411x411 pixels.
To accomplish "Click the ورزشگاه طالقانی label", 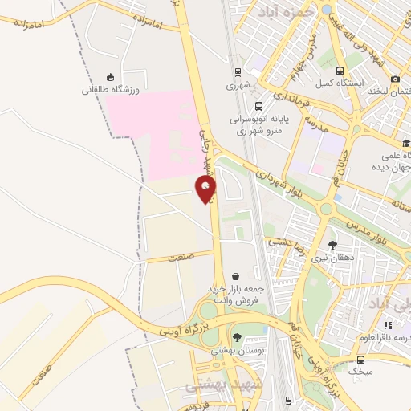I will (110, 90).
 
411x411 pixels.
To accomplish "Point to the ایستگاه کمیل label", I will (339, 83).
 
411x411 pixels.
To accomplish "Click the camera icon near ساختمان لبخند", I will (395, 79).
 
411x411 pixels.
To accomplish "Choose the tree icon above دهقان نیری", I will (333, 245).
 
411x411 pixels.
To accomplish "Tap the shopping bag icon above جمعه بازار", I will (234, 275).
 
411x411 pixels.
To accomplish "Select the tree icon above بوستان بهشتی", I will (236, 337).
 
